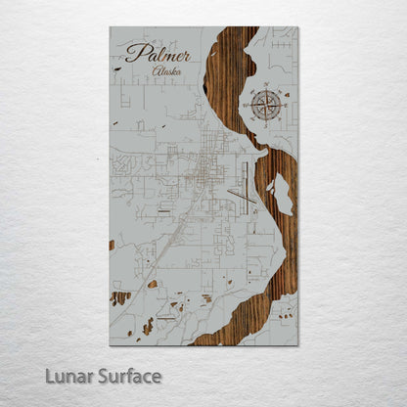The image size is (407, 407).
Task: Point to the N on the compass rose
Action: coord(263,89)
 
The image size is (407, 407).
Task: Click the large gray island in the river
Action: coord(282,194)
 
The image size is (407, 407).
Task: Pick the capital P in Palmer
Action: coord(134,52)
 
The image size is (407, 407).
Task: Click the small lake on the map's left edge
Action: coord(112,245)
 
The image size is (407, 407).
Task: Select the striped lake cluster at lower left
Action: coord(120,296)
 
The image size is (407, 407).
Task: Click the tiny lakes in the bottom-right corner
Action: coord(286,315)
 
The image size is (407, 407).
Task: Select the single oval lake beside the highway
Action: coord(153,284)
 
